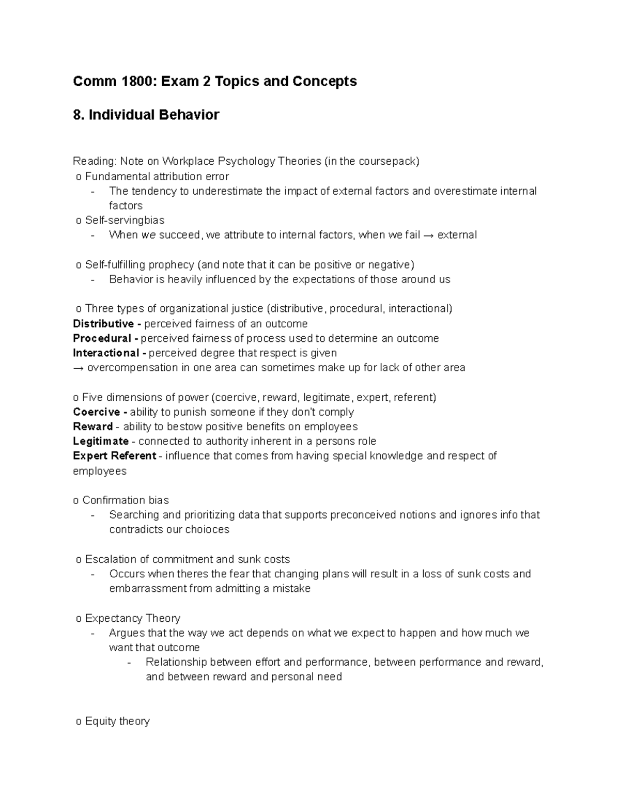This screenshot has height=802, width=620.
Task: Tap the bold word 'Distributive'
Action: click(x=103, y=324)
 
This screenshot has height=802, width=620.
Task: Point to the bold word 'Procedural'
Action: click(x=102, y=338)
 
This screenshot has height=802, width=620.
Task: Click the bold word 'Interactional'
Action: click(x=106, y=353)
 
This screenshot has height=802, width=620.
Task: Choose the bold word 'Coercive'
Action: click(x=97, y=412)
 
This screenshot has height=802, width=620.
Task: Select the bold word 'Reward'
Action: click(x=92, y=427)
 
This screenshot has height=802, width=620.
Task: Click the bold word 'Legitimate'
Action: click(x=100, y=442)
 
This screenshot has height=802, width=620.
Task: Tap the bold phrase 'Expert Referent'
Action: click(x=114, y=456)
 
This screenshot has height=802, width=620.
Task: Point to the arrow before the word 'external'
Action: click(x=428, y=235)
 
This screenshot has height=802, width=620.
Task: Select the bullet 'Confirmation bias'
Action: click(x=125, y=500)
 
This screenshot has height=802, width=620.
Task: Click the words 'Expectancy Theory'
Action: click(x=132, y=618)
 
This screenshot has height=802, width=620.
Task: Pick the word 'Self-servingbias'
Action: click(x=125, y=221)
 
